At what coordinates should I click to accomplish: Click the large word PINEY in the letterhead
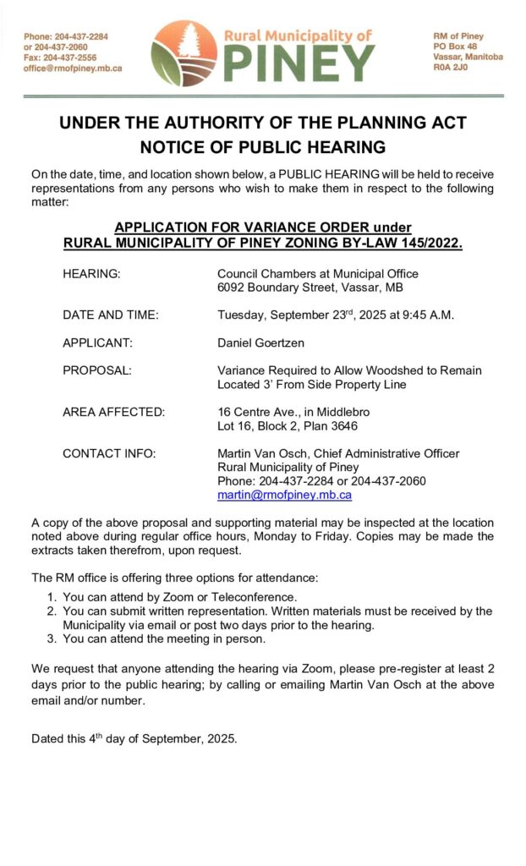299,63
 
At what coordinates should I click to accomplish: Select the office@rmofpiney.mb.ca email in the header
73,69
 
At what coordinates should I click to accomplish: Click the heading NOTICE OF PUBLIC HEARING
262,147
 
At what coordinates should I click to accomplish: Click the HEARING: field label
91,274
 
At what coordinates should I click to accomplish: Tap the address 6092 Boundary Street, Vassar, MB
310,288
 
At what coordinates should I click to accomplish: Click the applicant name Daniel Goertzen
261,343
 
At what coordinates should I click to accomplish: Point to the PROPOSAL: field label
97,370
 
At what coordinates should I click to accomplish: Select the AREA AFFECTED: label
114,412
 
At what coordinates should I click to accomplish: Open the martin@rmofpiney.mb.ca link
284,495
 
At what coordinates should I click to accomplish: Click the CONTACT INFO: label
109,453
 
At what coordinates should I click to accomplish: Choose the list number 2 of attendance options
52,611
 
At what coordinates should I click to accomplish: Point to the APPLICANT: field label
98,343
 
